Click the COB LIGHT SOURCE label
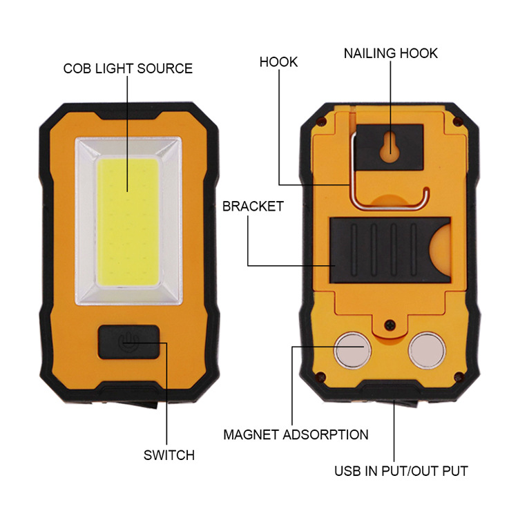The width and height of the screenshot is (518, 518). pyautogui.click(x=128, y=68)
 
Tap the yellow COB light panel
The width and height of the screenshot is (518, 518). pyautogui.click(x=128, y=222)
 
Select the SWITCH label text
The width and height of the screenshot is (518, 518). pyautogui.click(x=169, y=455)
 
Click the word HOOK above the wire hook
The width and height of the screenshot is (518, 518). pyautogui.click(x=278, y=62)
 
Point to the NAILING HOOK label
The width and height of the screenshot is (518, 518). pyautogui.click(x=391, y=53)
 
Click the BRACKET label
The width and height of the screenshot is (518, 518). pyautogui.click(x=253, y=207)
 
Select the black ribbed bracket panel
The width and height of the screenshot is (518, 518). pyautogui.click(x=390, y=251)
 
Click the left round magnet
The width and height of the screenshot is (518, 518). pyautogui.click(x=352, y=351)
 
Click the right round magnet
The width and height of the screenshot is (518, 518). pyautogui.click(x=427, y=351)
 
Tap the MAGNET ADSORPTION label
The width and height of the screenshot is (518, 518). pyautogui.click(x=296, y=434)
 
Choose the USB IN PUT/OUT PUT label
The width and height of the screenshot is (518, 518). pyautogui.click(x=401, y=471)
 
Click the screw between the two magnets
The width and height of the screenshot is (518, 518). pyautogui.click(x=390, y=325)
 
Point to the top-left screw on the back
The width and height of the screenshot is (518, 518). pyautogui.click(x=320, y=122)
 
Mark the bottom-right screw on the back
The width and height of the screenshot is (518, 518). pyautogui.click(x=459, y=376)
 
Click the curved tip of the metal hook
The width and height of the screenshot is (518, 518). pyautogui.click(x=426, y=195)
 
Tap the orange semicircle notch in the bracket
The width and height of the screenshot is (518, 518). pyautogui.click(x=441, y=251)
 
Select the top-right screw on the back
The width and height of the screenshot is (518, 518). pyautogui.click(x=457, y=122)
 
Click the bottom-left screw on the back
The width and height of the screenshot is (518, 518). pyautogui.click(x=320, y=376)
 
